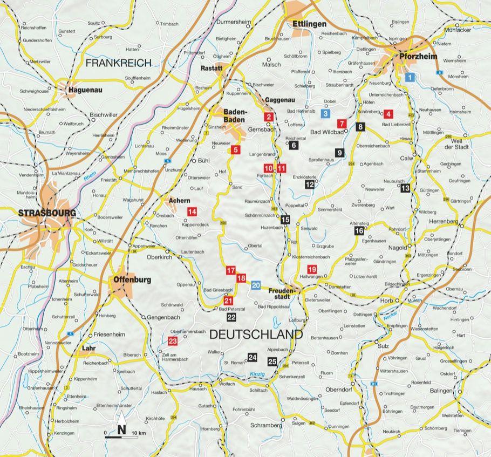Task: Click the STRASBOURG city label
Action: click(x=39, y=213)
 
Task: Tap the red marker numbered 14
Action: click(x=192, y=211)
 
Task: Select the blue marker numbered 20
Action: click(x=256, y=285)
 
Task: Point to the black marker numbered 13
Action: click(x=405, y=188)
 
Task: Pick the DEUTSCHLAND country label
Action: click(x=255, y=335)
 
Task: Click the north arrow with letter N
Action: click(x=121, y=424)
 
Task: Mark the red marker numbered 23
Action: click(x=173, y=341)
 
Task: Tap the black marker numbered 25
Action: click(x=272, y=361)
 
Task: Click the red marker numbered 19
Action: click(x=311, y=270)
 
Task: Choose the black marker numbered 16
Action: click(x=359, y=231)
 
